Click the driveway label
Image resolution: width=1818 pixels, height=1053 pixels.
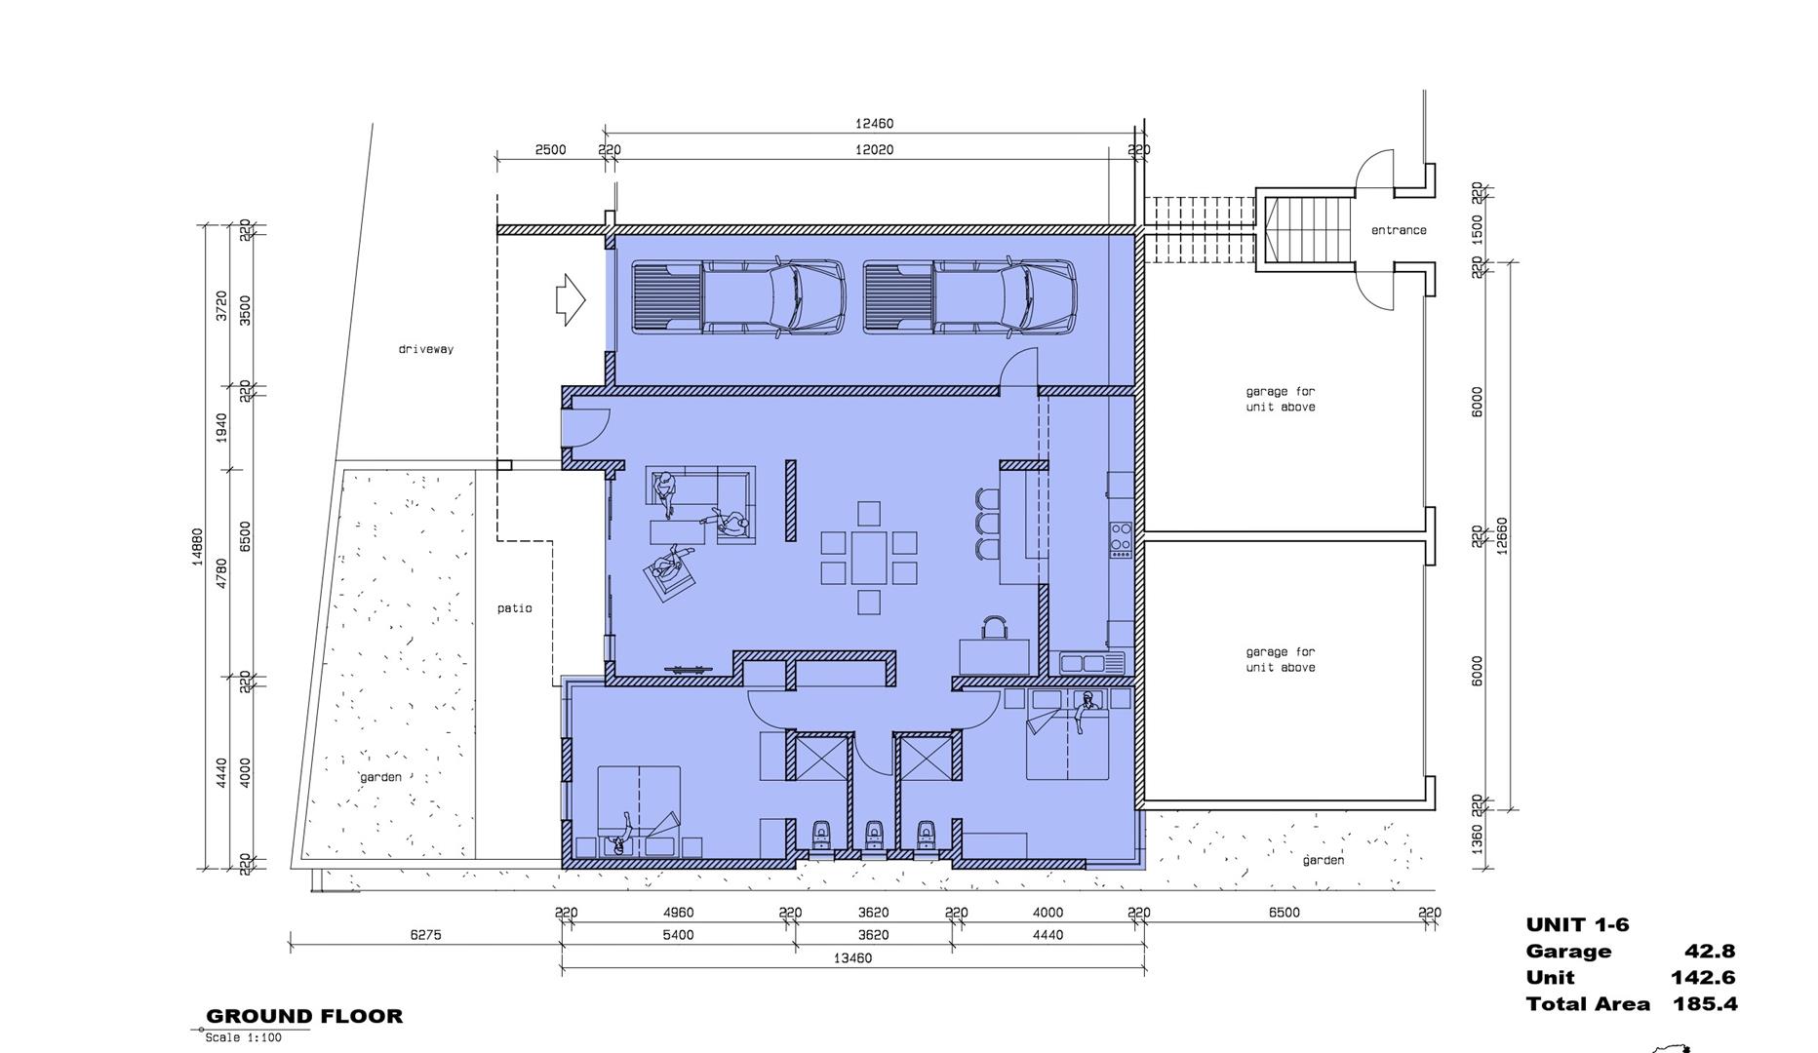[x=426, y=349]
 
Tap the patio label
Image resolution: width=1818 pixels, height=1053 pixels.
[x=515, y=608]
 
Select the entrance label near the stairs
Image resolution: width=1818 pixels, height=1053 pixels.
[x=1399, y=230]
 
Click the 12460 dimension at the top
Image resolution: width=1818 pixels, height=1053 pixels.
[x=874, y=124]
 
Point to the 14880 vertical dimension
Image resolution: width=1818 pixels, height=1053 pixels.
[x=198, y=547]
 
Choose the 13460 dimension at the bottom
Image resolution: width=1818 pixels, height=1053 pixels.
[x=852, y=958]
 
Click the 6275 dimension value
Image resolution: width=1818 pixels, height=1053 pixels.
[x=425, y=935]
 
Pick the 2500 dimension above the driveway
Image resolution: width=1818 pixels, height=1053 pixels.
[x=550, y=150]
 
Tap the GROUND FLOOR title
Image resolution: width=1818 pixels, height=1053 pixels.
[x=304, y=1016]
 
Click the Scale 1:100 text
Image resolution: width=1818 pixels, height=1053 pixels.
[x=243, y=1037]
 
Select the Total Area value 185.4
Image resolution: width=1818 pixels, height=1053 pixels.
[x=1705, y=1004]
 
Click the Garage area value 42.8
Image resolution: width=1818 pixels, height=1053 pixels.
[x=1710, y=952]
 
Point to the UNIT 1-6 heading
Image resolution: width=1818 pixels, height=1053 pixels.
[x=1577, y=925]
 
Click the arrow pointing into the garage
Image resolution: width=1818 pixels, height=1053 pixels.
[x=571, y=299]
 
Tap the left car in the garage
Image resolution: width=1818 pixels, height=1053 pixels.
[x=738, y=298]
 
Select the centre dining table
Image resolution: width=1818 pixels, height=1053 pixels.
[x=868, y=558]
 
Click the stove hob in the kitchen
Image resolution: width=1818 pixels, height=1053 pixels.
[x=1121, y=539]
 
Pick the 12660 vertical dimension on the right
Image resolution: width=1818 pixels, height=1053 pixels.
[x=1502, y=535]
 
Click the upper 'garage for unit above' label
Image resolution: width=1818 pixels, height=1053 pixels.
[x=1281, y=400]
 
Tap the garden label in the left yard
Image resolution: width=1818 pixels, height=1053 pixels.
[x=380, y=777]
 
